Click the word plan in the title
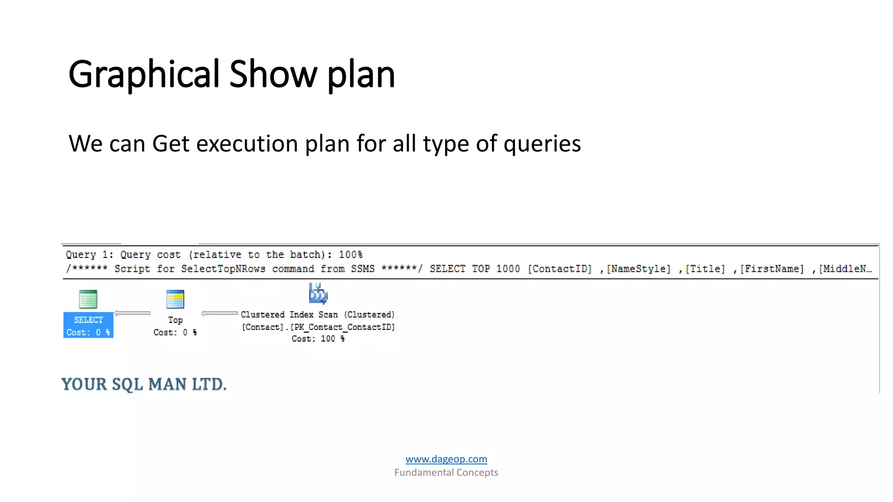(361, 75)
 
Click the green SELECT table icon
(88, 299)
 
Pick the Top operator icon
(175, 299)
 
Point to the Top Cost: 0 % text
(175, 332)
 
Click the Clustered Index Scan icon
(318, 293)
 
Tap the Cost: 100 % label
(318, 339)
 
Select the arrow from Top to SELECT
(132, 313)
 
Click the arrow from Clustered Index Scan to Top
(219, 313)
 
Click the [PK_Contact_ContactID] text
(343, 327)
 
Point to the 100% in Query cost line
(351, 254)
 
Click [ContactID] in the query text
(560, 269)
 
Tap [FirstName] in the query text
(772, 269)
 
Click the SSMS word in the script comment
(363, 269)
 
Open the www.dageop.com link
(446, 459)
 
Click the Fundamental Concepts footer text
(446, 472)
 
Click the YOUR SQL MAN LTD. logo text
(144, 384)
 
